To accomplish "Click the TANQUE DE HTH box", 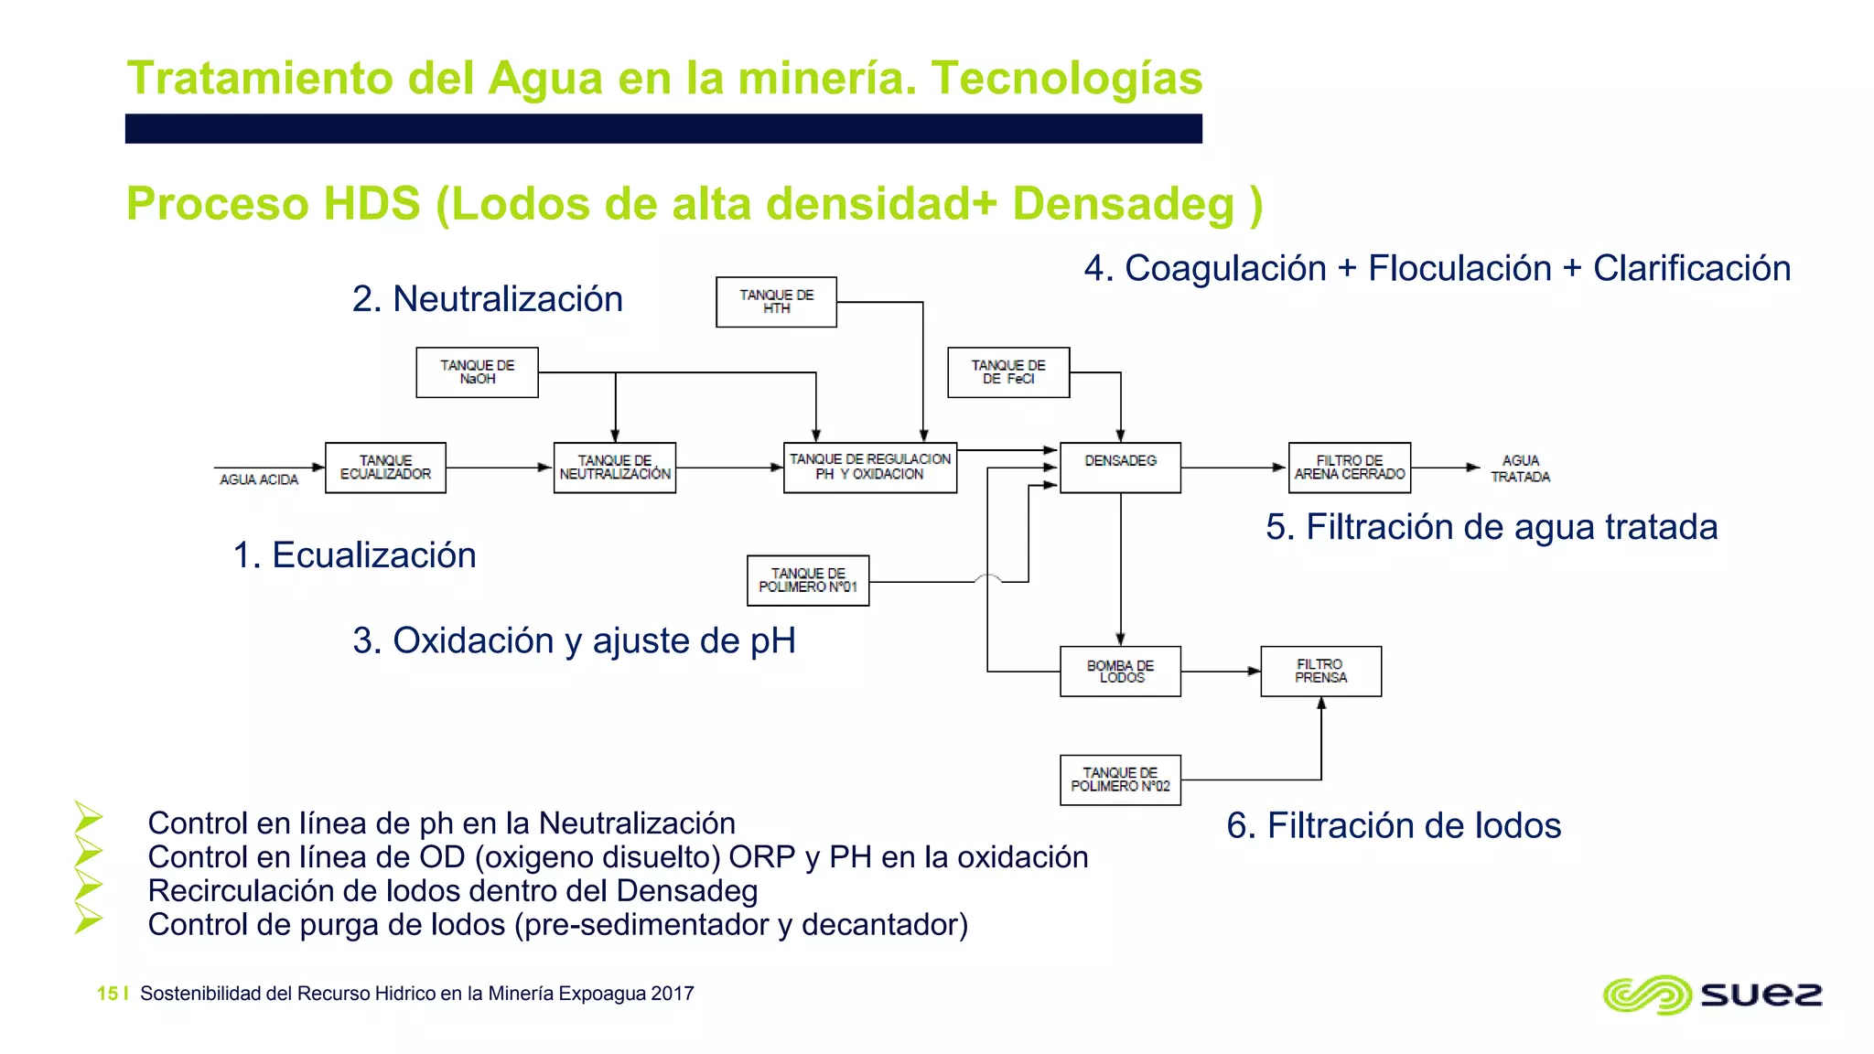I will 776,302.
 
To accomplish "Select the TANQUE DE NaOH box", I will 477,372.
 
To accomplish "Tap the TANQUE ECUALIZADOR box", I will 385,468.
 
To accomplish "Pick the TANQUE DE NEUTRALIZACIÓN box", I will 614,468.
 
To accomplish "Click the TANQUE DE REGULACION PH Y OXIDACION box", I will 869,468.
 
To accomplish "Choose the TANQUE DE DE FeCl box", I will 1008,372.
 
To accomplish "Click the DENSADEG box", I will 1120,468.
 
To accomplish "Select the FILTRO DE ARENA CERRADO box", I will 1349,468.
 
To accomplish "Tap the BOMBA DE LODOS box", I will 1120,672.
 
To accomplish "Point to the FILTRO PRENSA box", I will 1320,672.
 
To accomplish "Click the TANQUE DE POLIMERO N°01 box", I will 808,580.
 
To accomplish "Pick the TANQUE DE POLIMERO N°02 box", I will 1120,780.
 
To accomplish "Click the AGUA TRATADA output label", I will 1520,468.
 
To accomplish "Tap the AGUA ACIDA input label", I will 259,479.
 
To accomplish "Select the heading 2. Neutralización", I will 487,299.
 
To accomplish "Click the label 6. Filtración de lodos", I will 1393,825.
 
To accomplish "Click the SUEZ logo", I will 1712,995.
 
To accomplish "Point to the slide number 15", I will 107,994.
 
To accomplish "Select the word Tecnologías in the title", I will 1066,78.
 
